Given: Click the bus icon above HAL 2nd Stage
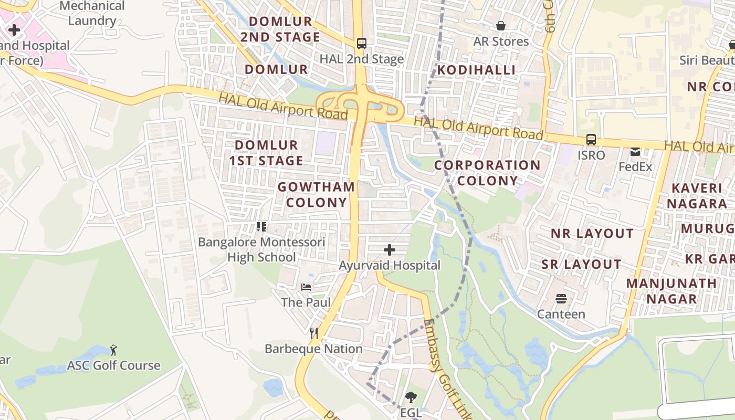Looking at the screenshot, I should (x=361, y=43).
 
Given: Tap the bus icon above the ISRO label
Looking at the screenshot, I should (x=591, y=140).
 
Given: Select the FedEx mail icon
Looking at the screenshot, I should (x=635, y=152).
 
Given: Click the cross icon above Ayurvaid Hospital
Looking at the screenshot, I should (x=390, y=250).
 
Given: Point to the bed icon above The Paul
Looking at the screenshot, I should (x=306, y=287).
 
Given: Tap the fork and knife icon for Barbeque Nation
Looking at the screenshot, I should (x=314, y=333).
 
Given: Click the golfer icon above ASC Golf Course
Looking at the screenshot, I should (x=113, y=350).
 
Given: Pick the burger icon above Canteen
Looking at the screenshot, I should (x=561, y=299).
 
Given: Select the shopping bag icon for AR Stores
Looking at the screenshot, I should (x=501, y=26).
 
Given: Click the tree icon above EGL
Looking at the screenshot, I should (x=411, y=397).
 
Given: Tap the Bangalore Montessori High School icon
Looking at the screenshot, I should (x=261, y=227).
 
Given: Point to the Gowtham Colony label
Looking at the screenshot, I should (x=316, y=195).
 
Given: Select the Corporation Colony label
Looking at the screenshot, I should (x=487, y=173).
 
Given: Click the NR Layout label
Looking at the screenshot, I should (x=592, y=234).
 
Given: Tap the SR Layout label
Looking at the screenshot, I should (x=582, y=264).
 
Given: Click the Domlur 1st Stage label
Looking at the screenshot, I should (x=266, y=153).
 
